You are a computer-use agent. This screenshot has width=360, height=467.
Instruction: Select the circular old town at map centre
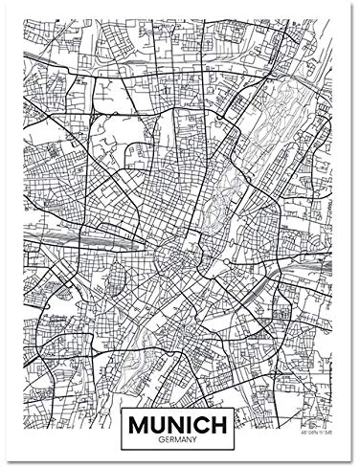[178, 254]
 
